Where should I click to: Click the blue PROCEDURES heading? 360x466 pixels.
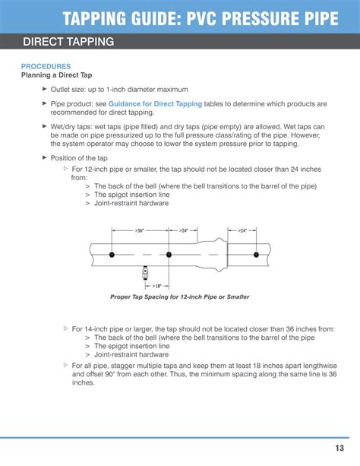[x=46, y=67]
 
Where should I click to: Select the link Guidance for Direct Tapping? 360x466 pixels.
[x=155, y=103]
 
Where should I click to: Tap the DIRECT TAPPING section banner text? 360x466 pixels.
[x=68, y=42]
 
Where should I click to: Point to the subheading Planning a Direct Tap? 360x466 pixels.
[x=57, y=75]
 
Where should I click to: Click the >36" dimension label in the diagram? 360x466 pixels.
[x=140, y=230]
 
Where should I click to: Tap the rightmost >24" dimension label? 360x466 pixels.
[x=242, y=230]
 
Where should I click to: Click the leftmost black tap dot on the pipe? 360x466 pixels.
[x=112, y=255]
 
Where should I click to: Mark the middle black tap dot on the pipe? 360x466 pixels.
[x=169, y=255]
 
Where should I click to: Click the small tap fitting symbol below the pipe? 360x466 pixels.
[x=144, y=271]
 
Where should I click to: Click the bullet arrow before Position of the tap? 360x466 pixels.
[x=43, y=157]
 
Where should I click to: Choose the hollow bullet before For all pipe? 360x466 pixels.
[x=65, y=366]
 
